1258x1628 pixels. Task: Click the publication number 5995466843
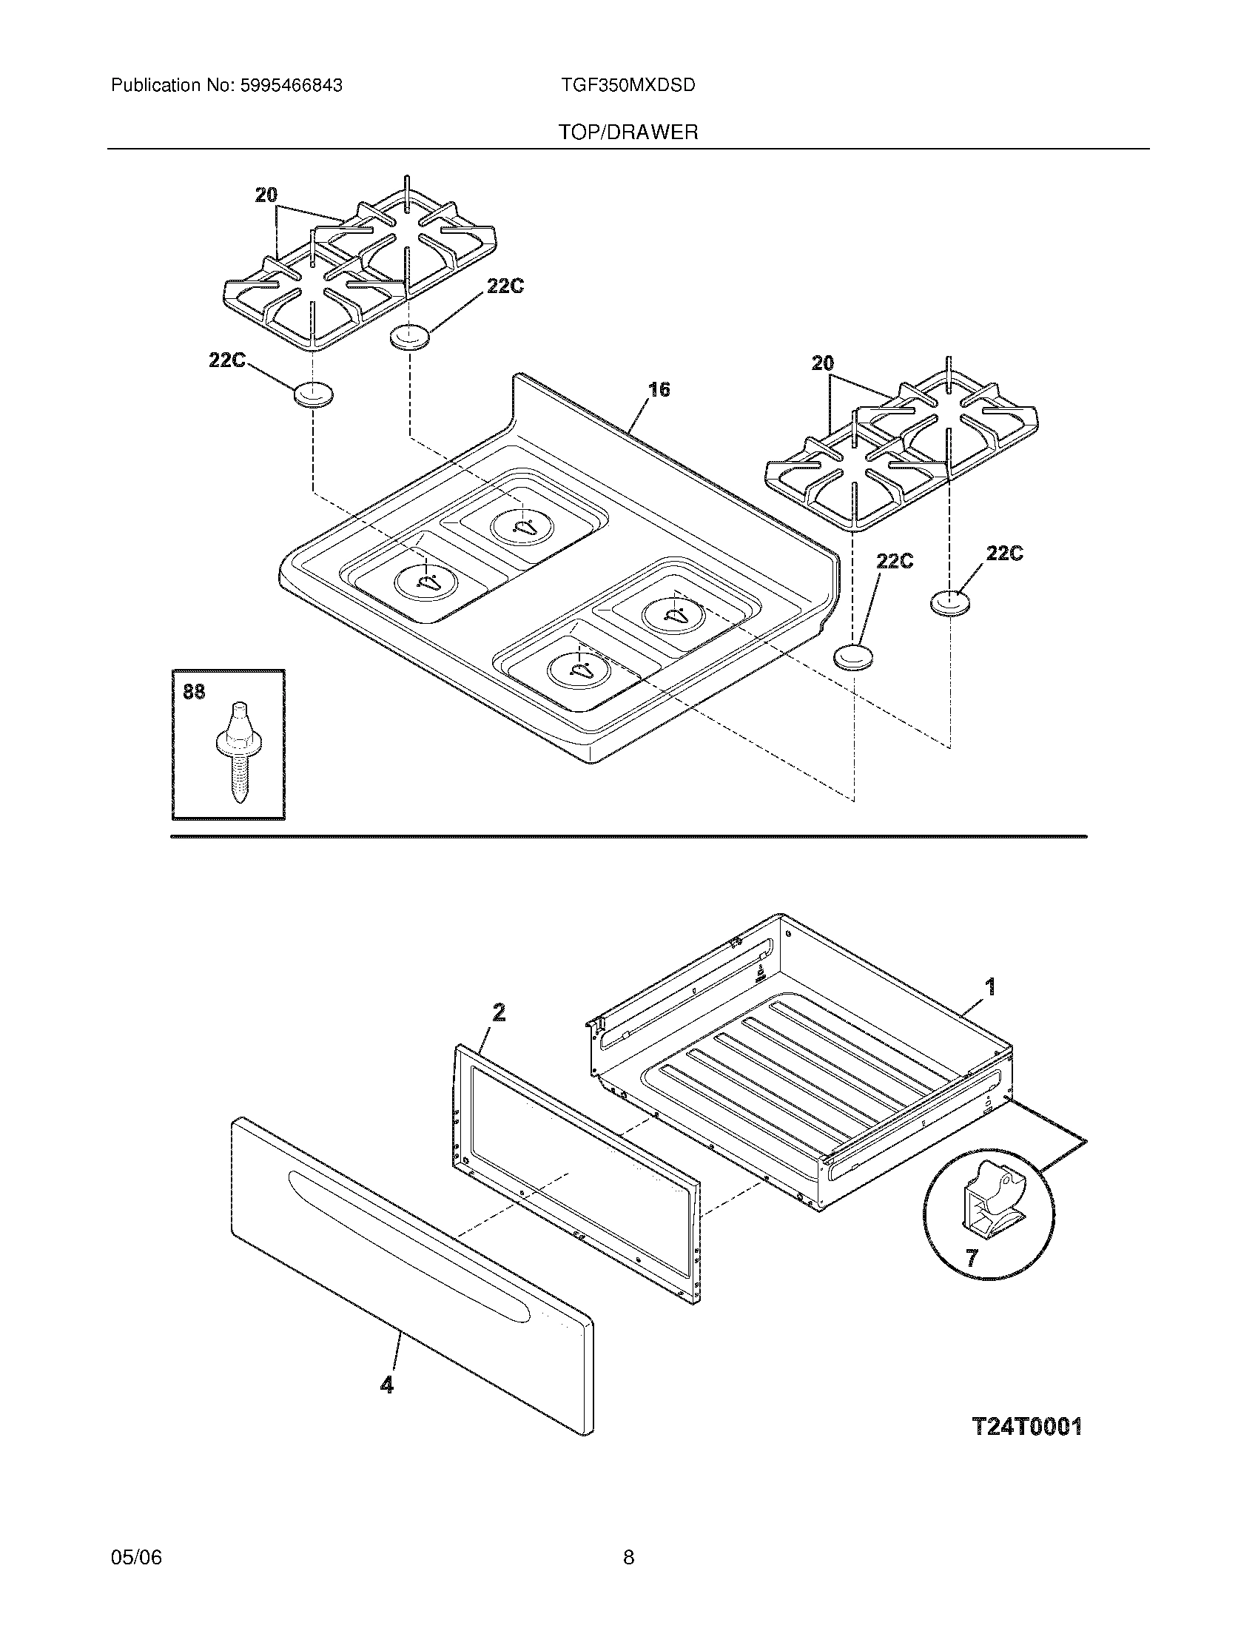coord(291,86)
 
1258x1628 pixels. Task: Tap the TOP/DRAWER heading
coord(628,132)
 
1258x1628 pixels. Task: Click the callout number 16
coord(659,389)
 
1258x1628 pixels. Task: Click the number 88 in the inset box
coord(194,693)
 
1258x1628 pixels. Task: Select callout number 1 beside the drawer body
coord(989,988)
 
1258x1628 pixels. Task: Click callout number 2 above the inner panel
coord(499,1012)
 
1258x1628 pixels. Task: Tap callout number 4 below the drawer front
coord(386,1385)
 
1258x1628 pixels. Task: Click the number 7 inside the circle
coord(971,1258)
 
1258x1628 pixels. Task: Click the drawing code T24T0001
coord(1027,1427)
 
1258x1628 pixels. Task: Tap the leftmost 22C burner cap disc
coord(314,394)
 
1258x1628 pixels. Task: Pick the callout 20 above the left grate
coord(266,195)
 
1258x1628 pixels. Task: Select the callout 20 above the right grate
coord(823,364)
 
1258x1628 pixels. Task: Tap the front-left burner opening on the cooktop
coord(426,582)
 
